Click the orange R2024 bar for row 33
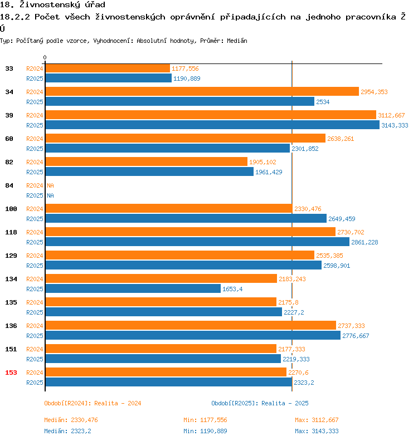point(108,68)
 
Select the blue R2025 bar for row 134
point(133,289)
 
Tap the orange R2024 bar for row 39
point(211,115)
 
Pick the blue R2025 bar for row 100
point(186,219)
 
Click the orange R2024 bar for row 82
point(146,162)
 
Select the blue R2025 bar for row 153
point(168,383)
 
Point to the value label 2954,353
point(374,92)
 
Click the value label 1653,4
point(232,289)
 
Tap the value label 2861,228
point(364,242)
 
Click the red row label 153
point(11,373)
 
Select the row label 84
point(9,185)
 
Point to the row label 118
point(11,232)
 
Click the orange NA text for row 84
point(50,185)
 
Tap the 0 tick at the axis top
point(45,58)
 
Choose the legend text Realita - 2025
point(285,403)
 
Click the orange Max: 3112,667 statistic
point(317,420)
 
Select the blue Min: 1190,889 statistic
point(205,431)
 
